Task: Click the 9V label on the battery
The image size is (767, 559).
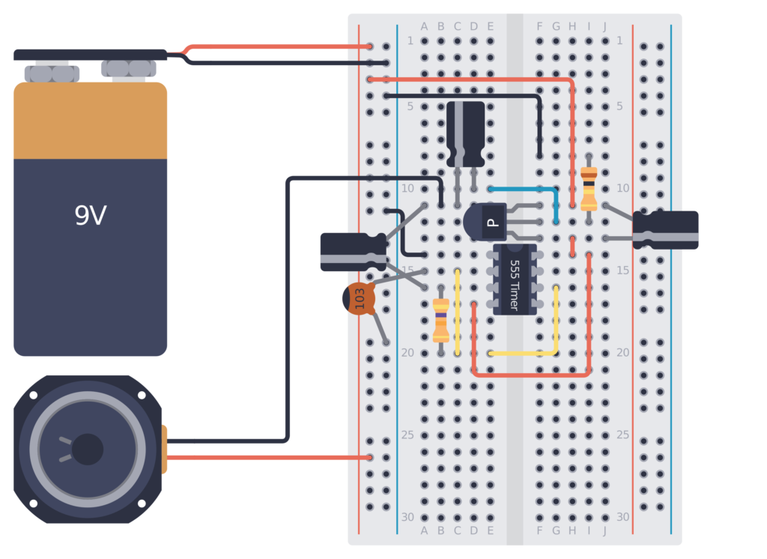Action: tap(90, 216)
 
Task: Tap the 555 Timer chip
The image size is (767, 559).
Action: tap(514, 279)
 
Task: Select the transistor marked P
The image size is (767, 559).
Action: tap(485, 223)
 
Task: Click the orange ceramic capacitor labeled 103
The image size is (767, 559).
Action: tap(359, 298)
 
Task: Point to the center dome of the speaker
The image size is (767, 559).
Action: tap(88, 449)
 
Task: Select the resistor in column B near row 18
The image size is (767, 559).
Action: tap(441, 320)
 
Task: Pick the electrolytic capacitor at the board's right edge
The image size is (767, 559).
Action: tap(666, 229)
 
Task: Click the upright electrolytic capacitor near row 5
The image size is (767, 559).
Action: tap(465, 133)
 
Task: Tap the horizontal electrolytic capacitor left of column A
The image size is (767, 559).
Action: tap(353, 251)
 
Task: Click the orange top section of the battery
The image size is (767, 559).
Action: tap(90, 120)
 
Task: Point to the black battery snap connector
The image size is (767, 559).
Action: tap(90, 55)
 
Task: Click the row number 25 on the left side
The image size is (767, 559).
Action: tap(408, 435)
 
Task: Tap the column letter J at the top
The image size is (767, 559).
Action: tap(604, 27)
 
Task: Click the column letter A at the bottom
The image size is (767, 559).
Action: tap(425, 531)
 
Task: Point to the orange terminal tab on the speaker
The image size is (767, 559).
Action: tap(163, 449)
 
